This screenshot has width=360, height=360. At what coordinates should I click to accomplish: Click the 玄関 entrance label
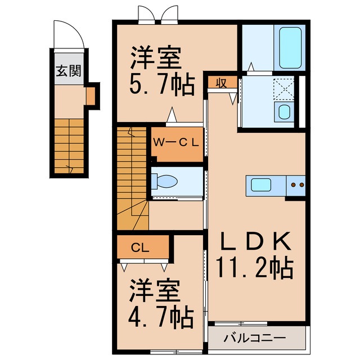(x=68, y=71)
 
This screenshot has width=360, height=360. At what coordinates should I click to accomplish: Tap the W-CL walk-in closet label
(x=177, y=142)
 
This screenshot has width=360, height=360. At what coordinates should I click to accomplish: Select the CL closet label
(x=141, y=246)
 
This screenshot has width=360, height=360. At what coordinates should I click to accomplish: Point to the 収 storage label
(x=222, y=83)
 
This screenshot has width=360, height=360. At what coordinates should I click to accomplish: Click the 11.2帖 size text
(x=255, y=268)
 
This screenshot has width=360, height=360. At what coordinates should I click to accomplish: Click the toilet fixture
(x=164, y=181)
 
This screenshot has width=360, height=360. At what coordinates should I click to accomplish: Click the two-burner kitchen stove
(x=296, y=184)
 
